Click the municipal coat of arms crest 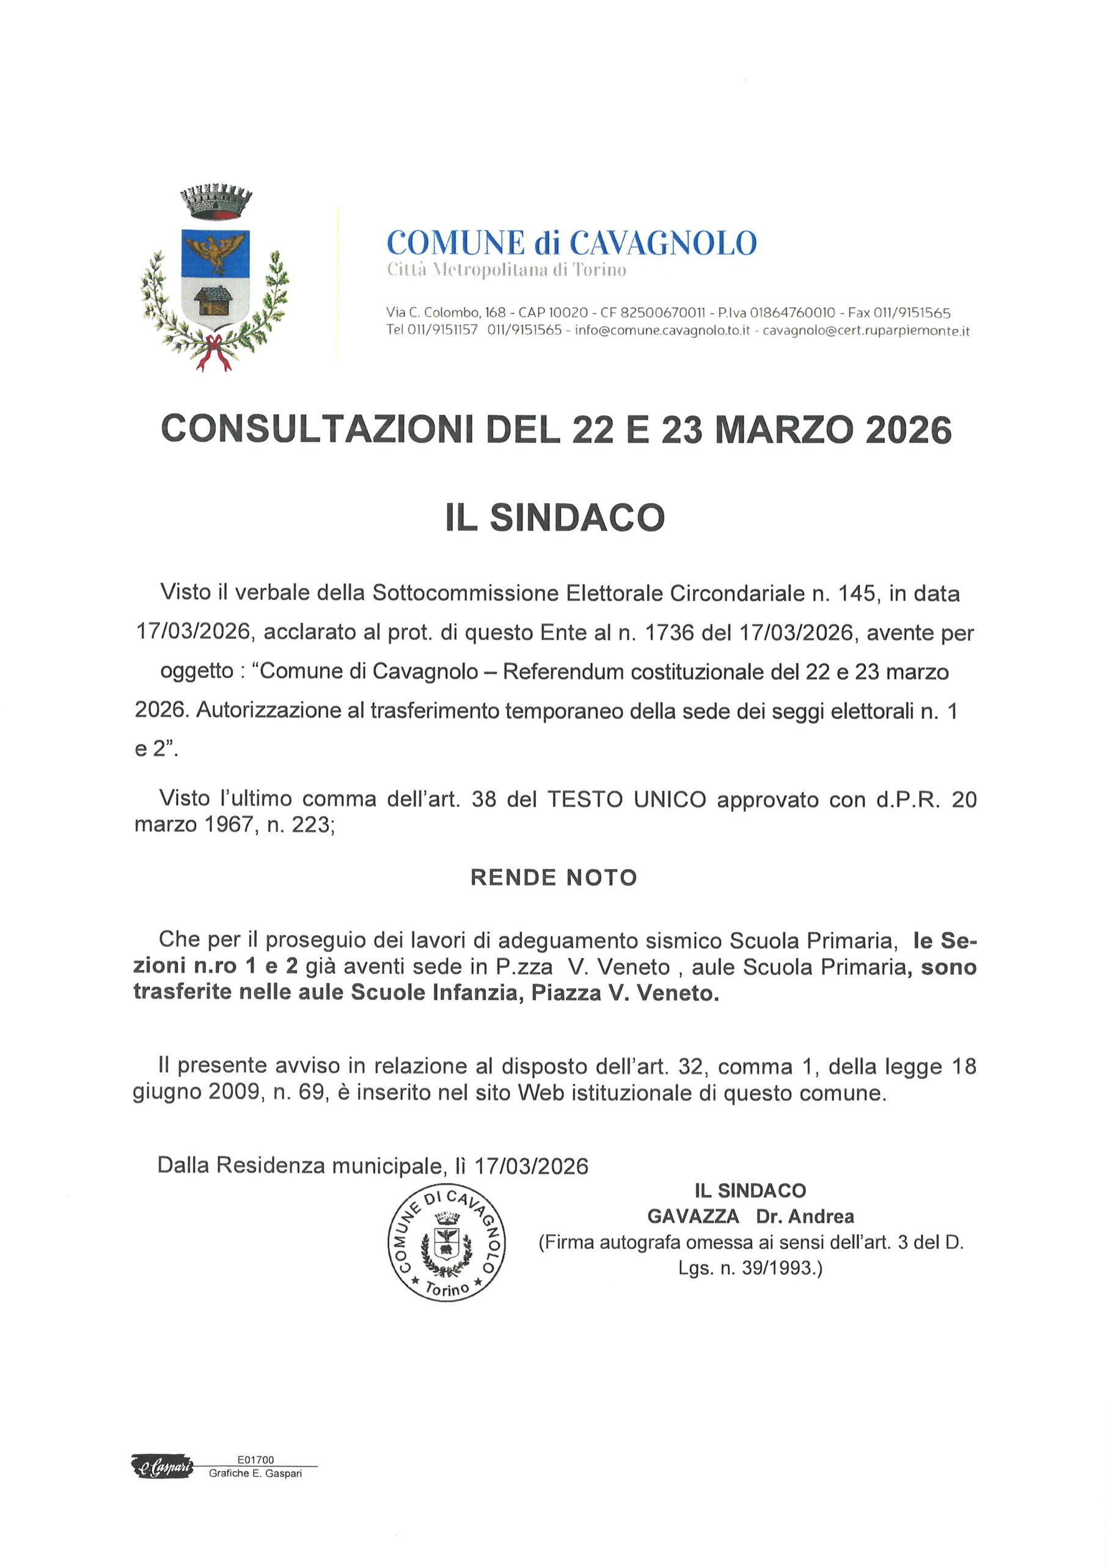(214, 278)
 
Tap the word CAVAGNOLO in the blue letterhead (662, 243)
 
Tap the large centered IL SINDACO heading (555, 517)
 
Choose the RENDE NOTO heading (554, 877)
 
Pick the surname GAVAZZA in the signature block (693, 1216)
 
